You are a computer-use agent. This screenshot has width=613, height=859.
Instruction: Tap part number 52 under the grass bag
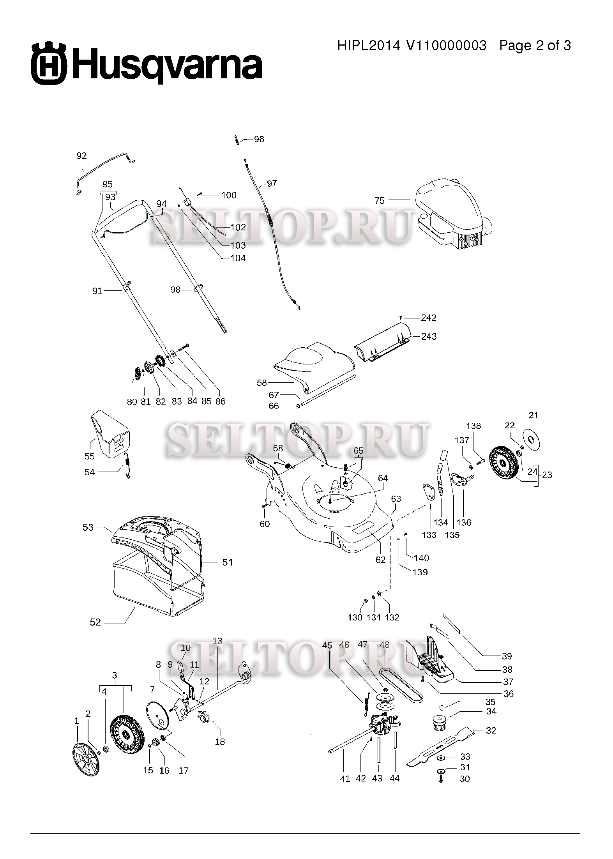click(x=95, y=622)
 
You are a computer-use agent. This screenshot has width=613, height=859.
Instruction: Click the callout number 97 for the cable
click(x=272, y=183)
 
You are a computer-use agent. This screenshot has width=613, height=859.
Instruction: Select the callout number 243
click(x=429, y=336)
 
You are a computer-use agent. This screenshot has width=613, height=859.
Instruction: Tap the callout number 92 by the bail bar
click(x=81, y=156)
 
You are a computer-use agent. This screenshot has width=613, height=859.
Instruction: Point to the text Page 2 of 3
click(x=535, y=46)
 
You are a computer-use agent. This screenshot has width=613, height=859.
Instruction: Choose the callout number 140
click(x=421, y=558)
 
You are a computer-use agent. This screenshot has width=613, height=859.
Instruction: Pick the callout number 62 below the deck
click(x=380, y=559)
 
